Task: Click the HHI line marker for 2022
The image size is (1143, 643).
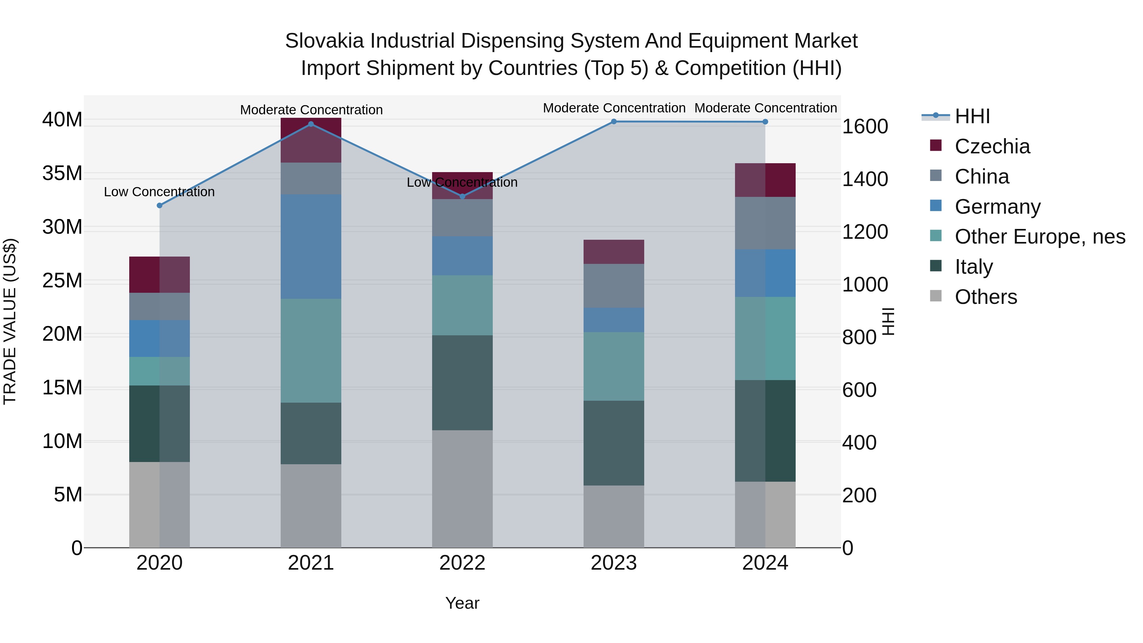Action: click(x=462, y=196)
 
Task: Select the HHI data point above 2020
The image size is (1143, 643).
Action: click(x=160, y=205)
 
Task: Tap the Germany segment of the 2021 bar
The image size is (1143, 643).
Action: click(x=311, y=246)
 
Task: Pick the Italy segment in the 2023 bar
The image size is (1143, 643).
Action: click(x=614, y=443)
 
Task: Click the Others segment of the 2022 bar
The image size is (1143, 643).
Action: click(x=462, y=489)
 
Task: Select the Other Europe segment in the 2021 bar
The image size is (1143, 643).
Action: click(x=311, y=351)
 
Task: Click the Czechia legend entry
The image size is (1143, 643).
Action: click(x=992, y=146)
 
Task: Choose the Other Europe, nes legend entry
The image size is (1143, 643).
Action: click(x=1039, y=237)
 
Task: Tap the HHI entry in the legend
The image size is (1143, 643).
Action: click(x=972, y=116)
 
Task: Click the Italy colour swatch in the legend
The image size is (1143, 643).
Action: click(x=935, y=266)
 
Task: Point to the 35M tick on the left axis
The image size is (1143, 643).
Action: click(x=62, y=173)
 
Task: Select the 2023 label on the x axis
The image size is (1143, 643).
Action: click(x=614, y=563)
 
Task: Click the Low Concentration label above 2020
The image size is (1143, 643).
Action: click(x=159, y=192)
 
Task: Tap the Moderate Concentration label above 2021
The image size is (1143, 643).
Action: click(x=311, y=110)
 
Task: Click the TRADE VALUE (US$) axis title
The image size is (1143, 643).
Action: click(x=10, y=321)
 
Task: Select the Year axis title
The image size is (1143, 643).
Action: click(x=462, y=603)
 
